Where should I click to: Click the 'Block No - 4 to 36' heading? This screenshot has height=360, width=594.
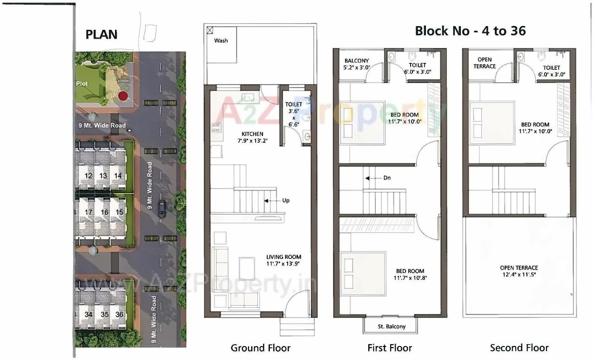pyautogui.click(x=470, y=31)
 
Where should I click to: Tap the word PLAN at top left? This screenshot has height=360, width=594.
pyautogui.click(x=101, y=34)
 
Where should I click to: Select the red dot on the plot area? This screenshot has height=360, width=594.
pyautogui.click(x=123, y=96)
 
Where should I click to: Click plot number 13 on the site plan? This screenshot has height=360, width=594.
pyautogui.click(x=103, y=176)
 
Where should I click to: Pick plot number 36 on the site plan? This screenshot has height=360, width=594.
pyautogui.click(x=119, y=314)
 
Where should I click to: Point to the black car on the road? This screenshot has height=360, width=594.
pyautogui.click(x=162, y=209)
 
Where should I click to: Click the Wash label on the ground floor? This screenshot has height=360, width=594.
pyautogui.click(x=221, y=41)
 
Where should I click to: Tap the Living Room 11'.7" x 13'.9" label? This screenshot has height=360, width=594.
pyautogui.click(x=283, y=260)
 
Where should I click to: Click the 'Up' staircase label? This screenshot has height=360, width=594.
pyautogui.click(x=285, y=201)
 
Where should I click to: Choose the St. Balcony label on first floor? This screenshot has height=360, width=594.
pyautogui.click(x=391, y=326)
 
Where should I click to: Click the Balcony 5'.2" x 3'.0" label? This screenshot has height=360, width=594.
pyautogui.click(x=357, y=64)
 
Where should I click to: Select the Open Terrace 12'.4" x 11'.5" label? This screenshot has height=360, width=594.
pyautogui.click(x=519, y=271)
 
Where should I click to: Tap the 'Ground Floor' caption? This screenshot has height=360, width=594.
pyautogui.click(x=260, y=348)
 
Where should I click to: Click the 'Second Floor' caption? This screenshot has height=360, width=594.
pyautogui.click(x=519, y=348)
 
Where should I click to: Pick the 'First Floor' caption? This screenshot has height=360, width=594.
pyautogui.click(x=390, y=348)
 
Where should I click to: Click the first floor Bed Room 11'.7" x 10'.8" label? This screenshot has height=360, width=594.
pyautogui.click(x=410, y=274)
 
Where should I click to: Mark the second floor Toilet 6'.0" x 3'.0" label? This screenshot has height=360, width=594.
pyautogui.click(x=552, y=71)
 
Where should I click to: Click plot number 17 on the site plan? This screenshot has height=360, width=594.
pyautogui.click(x=88, y=212)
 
